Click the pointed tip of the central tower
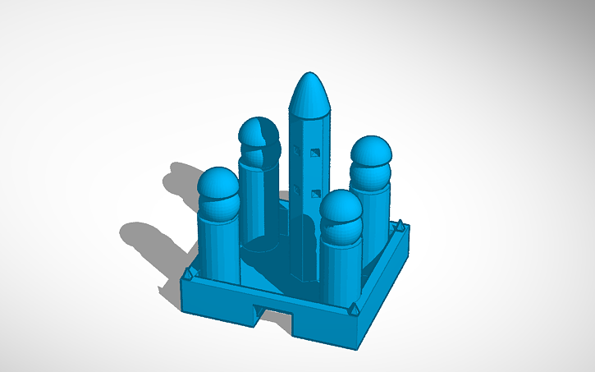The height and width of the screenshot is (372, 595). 309,76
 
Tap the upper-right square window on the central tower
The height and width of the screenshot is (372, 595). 317,151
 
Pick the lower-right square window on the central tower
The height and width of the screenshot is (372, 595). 317,192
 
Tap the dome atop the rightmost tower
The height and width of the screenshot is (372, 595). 371,155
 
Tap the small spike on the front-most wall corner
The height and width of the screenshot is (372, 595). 353,310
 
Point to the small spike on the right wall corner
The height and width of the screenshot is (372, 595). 399,224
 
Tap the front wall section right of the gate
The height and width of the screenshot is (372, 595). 324,324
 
